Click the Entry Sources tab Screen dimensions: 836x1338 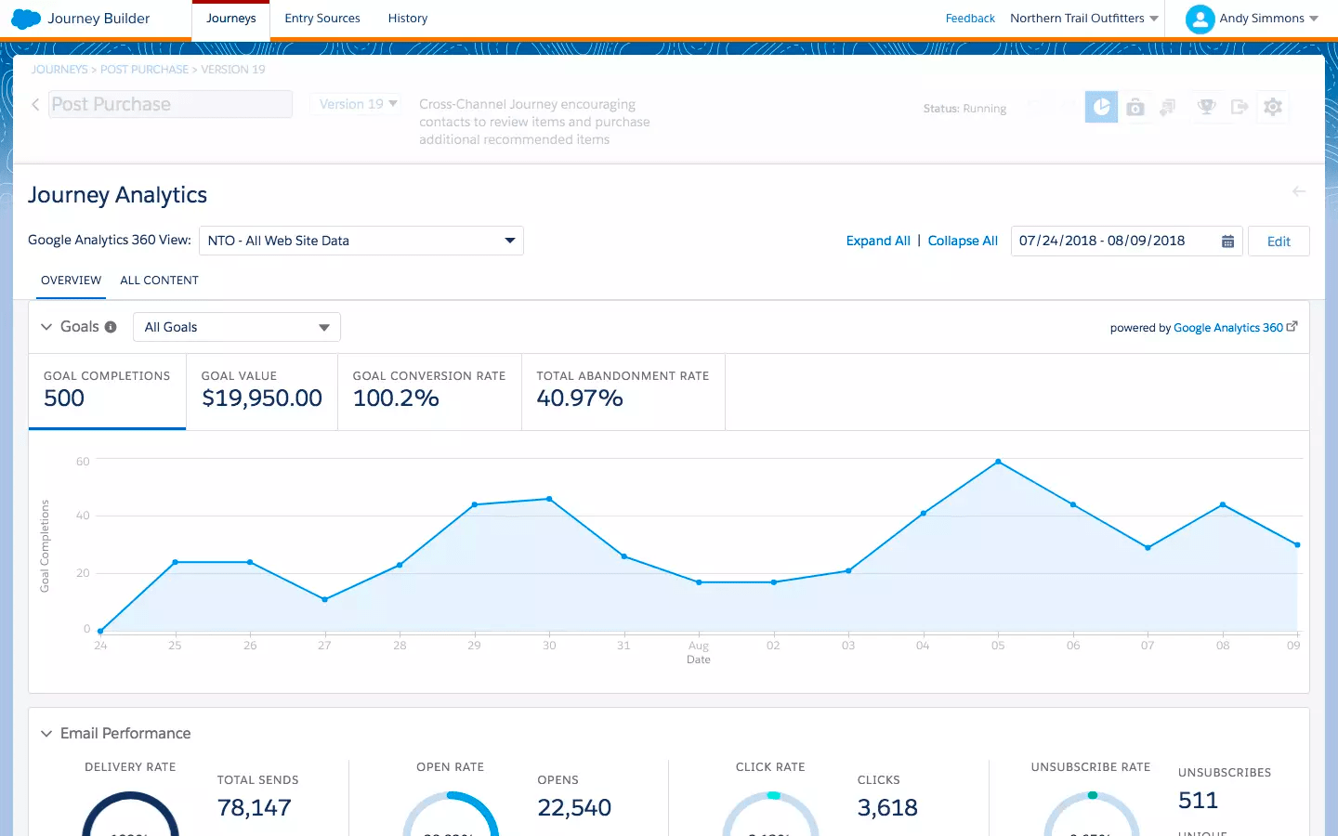point(321,19)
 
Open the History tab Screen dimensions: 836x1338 point(407,19)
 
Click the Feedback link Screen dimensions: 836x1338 point(969,19)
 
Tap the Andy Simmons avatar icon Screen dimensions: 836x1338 point(1200,19)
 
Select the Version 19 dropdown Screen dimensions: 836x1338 point(358,104)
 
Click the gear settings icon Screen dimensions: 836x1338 point(1272,108)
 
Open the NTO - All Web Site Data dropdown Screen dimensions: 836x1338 point(361,241)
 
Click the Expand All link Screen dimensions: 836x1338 point(877,241)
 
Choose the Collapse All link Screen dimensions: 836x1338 point(963,241)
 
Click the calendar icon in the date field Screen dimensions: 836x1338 point(1227,242)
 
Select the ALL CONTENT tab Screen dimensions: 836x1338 point(159,281)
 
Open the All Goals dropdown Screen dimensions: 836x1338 point(237,327)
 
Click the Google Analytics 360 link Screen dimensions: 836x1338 point(1228,328)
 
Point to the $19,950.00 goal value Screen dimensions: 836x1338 point(262,398)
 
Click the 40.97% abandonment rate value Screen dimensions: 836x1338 point(580,398)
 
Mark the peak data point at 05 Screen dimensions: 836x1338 point(998,462)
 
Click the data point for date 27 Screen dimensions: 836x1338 point(324,600)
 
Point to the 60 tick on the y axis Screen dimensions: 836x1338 point(83,462)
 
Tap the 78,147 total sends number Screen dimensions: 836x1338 point(255,808)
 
